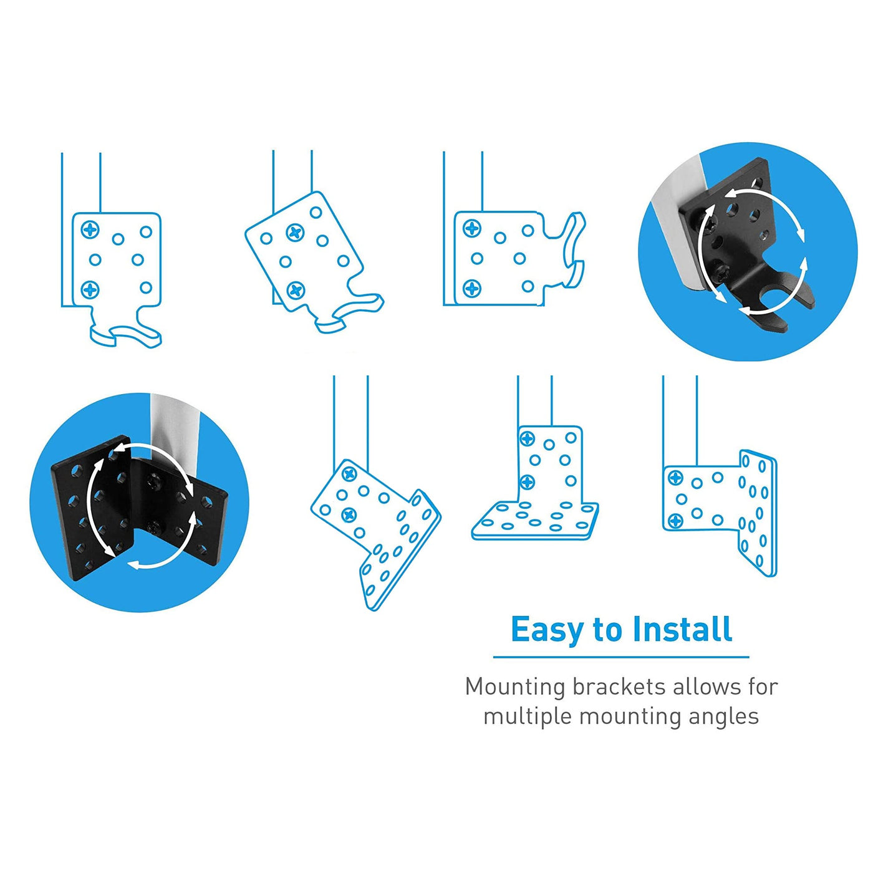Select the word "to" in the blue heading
tap(608, 630)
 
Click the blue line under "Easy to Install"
tap(622, 657)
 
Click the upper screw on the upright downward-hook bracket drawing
tap(90, 229)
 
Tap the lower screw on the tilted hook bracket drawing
tap(296, 290)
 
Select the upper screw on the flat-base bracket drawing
tap(528, 438)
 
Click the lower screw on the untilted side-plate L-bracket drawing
tap(675, 521)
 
